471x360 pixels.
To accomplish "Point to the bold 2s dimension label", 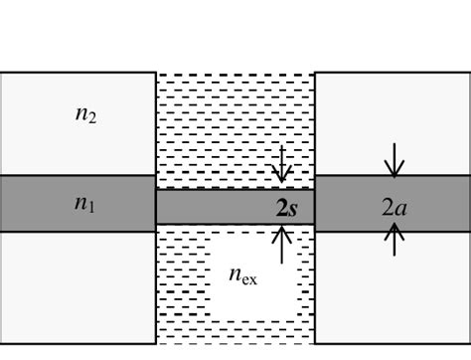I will click(290, 207).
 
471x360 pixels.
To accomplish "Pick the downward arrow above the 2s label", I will click(282, 165).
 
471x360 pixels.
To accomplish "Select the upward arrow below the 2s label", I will click(282, 244).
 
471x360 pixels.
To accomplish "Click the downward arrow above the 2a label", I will click(394, 159).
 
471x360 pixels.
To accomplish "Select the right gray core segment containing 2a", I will click(437, 204).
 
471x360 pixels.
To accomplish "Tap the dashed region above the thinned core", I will click(219, 129).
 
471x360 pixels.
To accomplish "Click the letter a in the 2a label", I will click(399, 207).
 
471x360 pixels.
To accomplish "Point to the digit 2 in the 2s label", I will click(283, 207).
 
